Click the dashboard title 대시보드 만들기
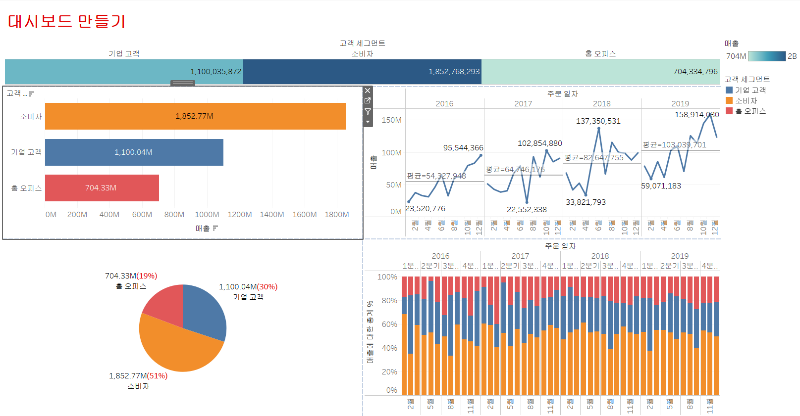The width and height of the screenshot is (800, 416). [x=67, y=21]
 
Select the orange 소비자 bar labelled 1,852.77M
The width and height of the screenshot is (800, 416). [x=195, y=116]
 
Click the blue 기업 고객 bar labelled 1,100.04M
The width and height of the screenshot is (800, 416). [x=134, y=152]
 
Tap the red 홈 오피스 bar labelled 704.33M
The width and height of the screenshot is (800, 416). [x=102, y=188]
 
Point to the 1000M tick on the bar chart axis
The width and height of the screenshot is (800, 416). [x=207, y=215]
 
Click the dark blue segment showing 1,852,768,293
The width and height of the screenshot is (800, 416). [x=362, y=72]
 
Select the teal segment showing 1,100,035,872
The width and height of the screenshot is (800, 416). [x=124, y=72]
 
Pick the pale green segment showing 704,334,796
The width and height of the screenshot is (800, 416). [x=600, y=72]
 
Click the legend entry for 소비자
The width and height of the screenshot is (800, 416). [x=746, y=100]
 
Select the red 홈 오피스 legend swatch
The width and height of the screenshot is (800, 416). [x=729, y=111]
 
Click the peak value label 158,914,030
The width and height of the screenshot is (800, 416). [x=696, y=115]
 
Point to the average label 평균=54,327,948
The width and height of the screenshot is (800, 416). [x=436, y=176]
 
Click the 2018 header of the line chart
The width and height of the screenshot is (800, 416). [x=601, y=104]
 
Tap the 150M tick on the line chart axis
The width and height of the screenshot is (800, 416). [x=391, y=120]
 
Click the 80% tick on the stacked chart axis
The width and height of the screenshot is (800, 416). [x=389, y=301]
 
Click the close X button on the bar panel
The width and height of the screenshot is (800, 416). [x=368, y=91]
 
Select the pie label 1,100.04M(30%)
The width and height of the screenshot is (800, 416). [x=248, y=287]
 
